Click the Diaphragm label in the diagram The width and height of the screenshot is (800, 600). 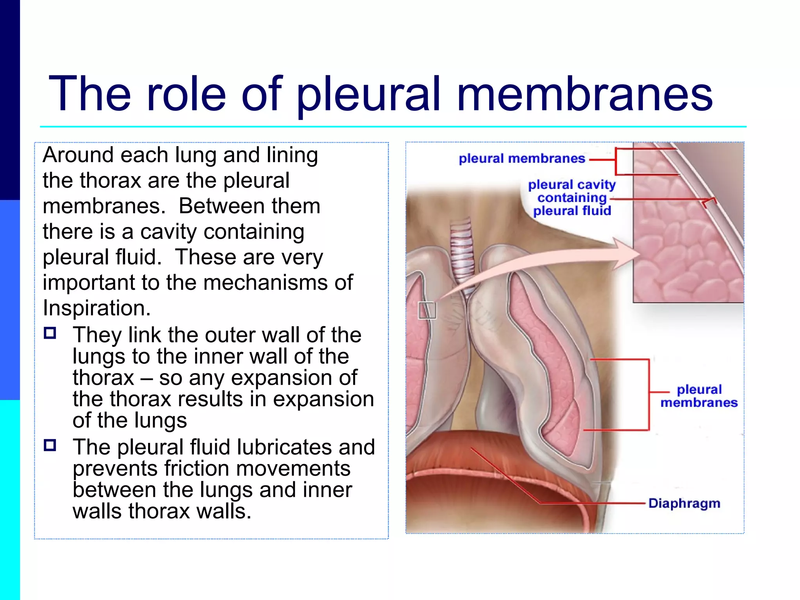684,503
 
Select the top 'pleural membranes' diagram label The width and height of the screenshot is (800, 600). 522,158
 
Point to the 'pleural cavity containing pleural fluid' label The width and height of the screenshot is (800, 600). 572,198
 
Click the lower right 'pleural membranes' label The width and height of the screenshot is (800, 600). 699,396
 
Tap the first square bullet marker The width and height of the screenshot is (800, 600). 50,333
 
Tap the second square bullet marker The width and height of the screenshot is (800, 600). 50,445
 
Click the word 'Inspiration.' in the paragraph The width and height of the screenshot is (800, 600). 96,308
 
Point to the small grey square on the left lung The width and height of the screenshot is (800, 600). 427,311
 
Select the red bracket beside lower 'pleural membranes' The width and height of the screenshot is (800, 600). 649,395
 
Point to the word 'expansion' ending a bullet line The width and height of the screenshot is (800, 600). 323,399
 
